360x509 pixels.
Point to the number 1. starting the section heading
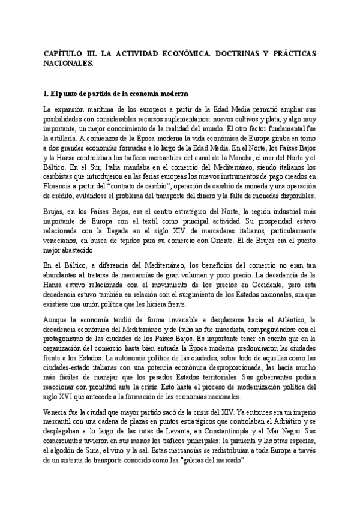[47, 94]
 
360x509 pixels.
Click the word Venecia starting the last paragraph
[56, 412]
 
